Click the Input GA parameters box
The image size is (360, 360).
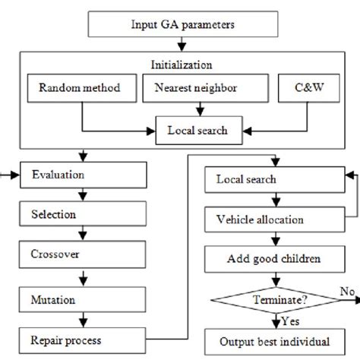pos(179,24)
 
